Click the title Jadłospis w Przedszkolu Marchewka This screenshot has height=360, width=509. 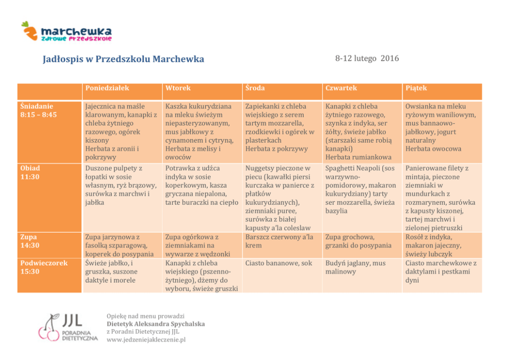point(123,59)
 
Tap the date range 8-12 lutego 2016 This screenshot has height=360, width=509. point(367,59)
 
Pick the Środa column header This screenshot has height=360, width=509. point(255,88)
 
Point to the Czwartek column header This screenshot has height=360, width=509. point(341,88)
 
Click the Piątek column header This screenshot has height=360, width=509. point(416,88)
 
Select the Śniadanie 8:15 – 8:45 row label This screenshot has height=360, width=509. point(38,110)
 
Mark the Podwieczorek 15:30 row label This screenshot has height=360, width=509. point(44,267)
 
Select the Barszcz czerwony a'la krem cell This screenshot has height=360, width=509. point(279,241)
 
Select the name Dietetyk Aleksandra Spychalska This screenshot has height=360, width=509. point(155,324)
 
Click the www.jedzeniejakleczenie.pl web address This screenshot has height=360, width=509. point(146,339)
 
